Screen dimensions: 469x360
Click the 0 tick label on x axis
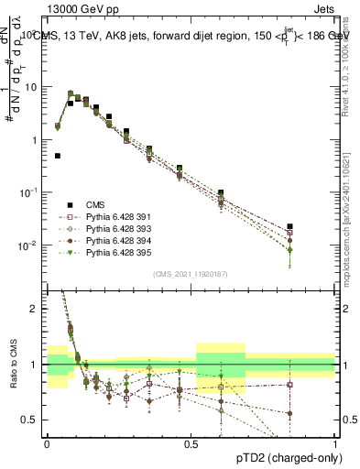(46, 442)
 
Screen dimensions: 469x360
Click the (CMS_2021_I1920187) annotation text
(191, 273)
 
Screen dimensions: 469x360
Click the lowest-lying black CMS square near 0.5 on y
(58, 156)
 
